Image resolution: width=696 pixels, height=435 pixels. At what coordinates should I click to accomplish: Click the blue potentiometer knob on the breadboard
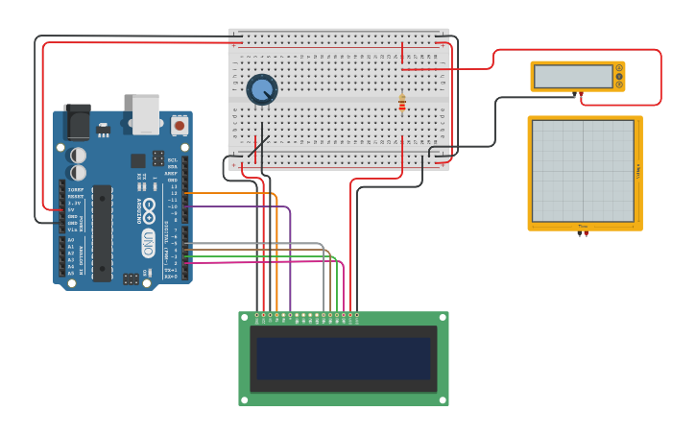coord(261,89)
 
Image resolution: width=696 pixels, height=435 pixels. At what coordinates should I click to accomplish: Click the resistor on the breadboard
coord(401,102)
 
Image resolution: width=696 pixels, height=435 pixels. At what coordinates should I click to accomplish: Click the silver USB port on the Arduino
coord(146,113)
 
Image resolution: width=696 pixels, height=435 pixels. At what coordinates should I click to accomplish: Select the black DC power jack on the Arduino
coord(77,123)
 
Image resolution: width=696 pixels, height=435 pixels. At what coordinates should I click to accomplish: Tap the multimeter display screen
coord(572,76)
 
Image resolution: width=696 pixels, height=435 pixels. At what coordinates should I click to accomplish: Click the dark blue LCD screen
coord(343,358)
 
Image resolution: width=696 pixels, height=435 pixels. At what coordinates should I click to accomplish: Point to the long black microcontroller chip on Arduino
coord(102,233)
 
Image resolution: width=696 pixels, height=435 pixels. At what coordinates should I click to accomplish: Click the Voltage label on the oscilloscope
coord(637,171)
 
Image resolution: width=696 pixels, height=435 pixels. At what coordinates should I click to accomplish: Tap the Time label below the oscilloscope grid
coord(582,227)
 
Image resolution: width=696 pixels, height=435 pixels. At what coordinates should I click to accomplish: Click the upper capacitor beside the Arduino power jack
coord(78,154)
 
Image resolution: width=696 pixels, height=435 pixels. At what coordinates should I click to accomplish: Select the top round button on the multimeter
coord(619,67)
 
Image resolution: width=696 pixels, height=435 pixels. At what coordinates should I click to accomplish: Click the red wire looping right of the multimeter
coord(660,77)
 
